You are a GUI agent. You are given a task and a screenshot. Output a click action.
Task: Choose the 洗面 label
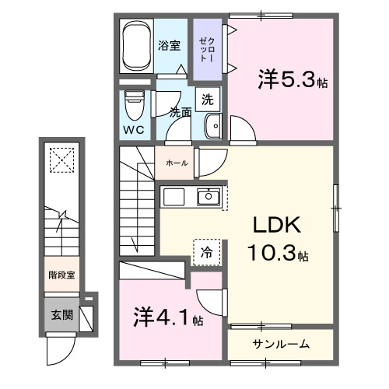tap(181, 112)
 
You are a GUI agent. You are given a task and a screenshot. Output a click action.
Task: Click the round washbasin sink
tap(212, 127)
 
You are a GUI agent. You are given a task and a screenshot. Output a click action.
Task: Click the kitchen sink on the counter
tap(208, 198)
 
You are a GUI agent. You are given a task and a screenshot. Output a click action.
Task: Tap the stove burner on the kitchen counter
tap(173, 198)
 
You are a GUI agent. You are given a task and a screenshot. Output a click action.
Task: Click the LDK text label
tap(275, 226)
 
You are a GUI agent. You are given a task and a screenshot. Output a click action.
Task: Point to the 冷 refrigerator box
tap(207, 252)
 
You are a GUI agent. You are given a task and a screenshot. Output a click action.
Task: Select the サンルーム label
tap(280, 344)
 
